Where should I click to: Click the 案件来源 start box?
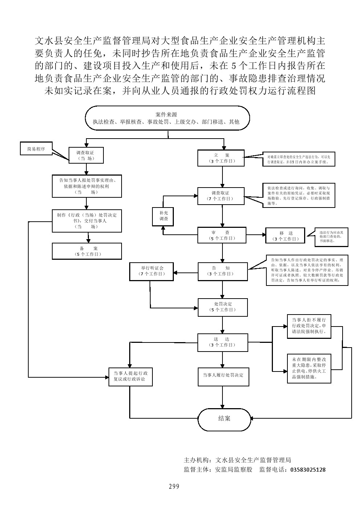point(167,118)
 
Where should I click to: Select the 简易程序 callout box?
point(36,149)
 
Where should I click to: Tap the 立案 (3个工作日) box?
point(221,158)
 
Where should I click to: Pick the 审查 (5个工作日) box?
point(222,235)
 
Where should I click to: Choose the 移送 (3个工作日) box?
point(285,236)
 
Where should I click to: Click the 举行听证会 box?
point(152,271)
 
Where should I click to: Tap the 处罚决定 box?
point(222,307)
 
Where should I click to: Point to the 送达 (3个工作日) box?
point(222,342)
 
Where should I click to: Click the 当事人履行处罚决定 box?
point(223,375)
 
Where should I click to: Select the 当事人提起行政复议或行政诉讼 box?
point(130,376)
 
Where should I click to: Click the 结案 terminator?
point(224,419)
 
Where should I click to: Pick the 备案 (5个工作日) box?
point(87,251)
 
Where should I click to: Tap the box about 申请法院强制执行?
point(309,326)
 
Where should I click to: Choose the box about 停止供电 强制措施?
point(309,368)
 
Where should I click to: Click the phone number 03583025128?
point(307,470)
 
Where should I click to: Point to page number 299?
point(174,487)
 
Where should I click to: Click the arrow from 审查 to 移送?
point(256,235)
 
